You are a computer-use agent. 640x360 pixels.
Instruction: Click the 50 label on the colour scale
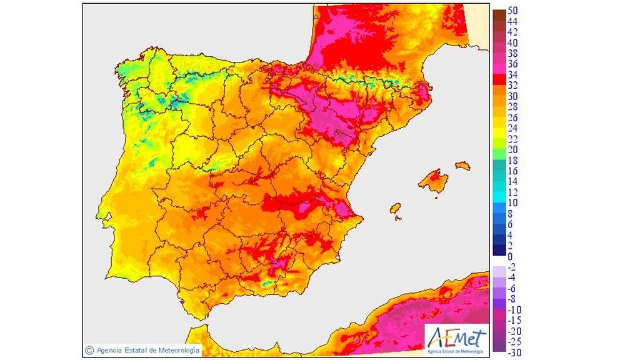click(x=512, y=11)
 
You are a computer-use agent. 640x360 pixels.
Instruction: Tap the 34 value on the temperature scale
click(x=512, y=74)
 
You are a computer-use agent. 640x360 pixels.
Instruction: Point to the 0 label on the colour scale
click(x=510, y=256)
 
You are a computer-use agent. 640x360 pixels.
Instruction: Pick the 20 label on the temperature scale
click(x=512, y=149)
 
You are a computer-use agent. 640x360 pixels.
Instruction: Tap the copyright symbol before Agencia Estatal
click(x=90, y=350)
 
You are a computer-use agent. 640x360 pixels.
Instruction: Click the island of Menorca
click(x=462, y=166)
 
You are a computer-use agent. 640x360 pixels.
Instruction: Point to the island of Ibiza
click(x=395, y=209)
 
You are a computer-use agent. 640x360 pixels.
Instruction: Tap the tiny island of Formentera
click(x=397, y=219)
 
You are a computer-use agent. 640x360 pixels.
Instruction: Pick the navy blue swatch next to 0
click(x=499, y=251)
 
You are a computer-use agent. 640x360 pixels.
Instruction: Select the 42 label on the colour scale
click(x=512, y=32)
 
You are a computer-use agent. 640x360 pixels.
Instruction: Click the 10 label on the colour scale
click(x=512, y=202)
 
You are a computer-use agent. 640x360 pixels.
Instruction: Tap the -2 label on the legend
click(x=512, y=267)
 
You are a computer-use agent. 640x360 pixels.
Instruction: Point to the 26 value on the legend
click(x=512, y=117)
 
